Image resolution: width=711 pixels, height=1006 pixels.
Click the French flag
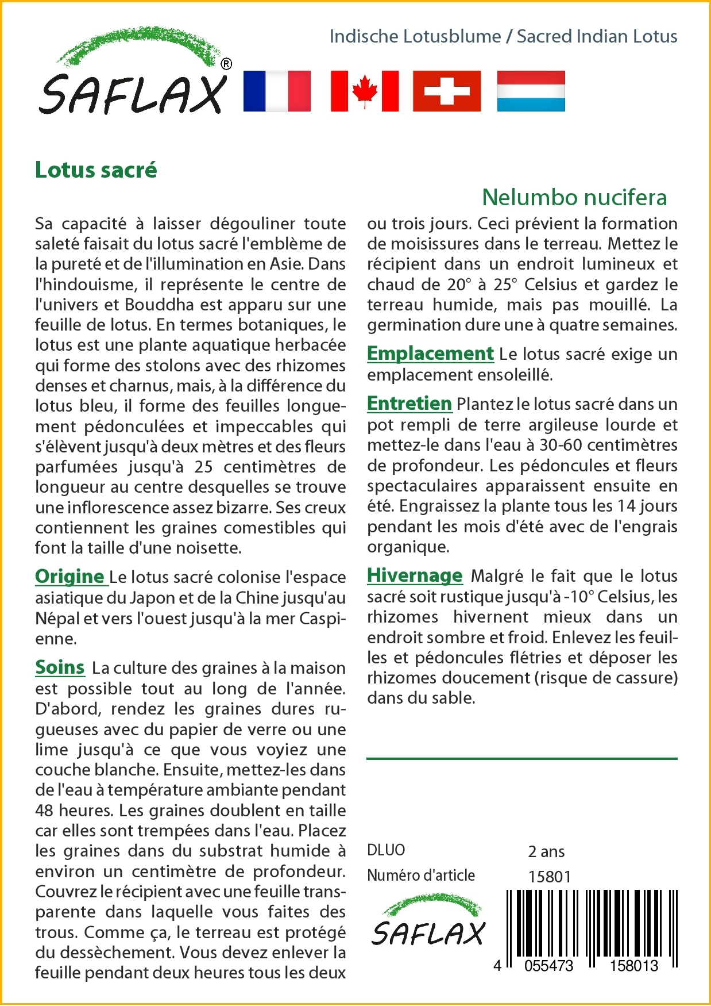coord(277,91)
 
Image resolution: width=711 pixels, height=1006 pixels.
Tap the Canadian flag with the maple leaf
coord(365,91)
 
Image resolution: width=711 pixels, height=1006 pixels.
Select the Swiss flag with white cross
coord(447,91)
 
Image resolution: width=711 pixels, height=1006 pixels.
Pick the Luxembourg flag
coord(531,91)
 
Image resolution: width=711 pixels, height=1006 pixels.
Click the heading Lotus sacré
coord(96,170)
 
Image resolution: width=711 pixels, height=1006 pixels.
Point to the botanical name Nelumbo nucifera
coord(574,197)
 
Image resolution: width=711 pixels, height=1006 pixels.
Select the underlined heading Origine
coord(70,576)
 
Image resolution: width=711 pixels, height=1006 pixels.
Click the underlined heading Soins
coord(60,667)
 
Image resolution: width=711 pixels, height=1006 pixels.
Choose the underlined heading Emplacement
coord(430,353)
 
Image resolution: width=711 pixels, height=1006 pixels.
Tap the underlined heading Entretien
coord(409,404)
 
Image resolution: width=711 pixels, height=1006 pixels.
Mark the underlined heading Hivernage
coord(415,575)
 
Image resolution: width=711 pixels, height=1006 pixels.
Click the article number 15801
coord(550,877)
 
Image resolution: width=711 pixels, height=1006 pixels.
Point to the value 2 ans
coord(546,851)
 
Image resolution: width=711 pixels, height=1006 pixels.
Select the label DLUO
coord(386,850)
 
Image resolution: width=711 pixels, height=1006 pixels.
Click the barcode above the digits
coord(592,923)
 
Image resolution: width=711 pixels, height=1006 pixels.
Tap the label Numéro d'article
coord(421,876)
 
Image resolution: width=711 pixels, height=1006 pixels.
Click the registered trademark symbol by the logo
coord(226,64)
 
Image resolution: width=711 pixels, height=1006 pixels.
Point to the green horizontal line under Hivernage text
coord(521,759)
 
